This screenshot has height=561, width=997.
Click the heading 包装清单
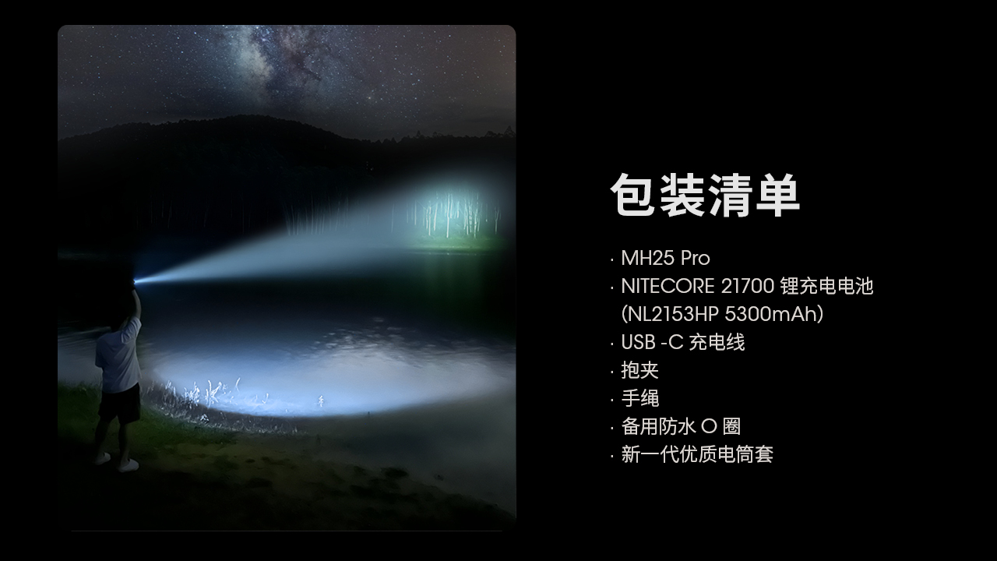(x=705, y=196)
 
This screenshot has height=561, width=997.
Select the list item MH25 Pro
(x=665, y=258)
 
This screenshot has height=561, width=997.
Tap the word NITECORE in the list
(x=668, y=286)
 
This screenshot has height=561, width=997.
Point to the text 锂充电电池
(x=827, y=286)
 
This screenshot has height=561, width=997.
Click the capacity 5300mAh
(x=770, y=314)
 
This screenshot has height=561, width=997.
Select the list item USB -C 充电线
(x=683, y=342)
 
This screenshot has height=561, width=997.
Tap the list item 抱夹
(x=639, y=370)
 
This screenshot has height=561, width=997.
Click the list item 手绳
(x=639, y=398)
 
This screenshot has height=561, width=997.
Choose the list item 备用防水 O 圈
(x=681, y=426)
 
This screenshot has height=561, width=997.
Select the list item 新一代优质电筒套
(x=697, y=454)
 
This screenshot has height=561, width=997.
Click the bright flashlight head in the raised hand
(x=136, y=281)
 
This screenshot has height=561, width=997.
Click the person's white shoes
(x=117, y=462)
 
